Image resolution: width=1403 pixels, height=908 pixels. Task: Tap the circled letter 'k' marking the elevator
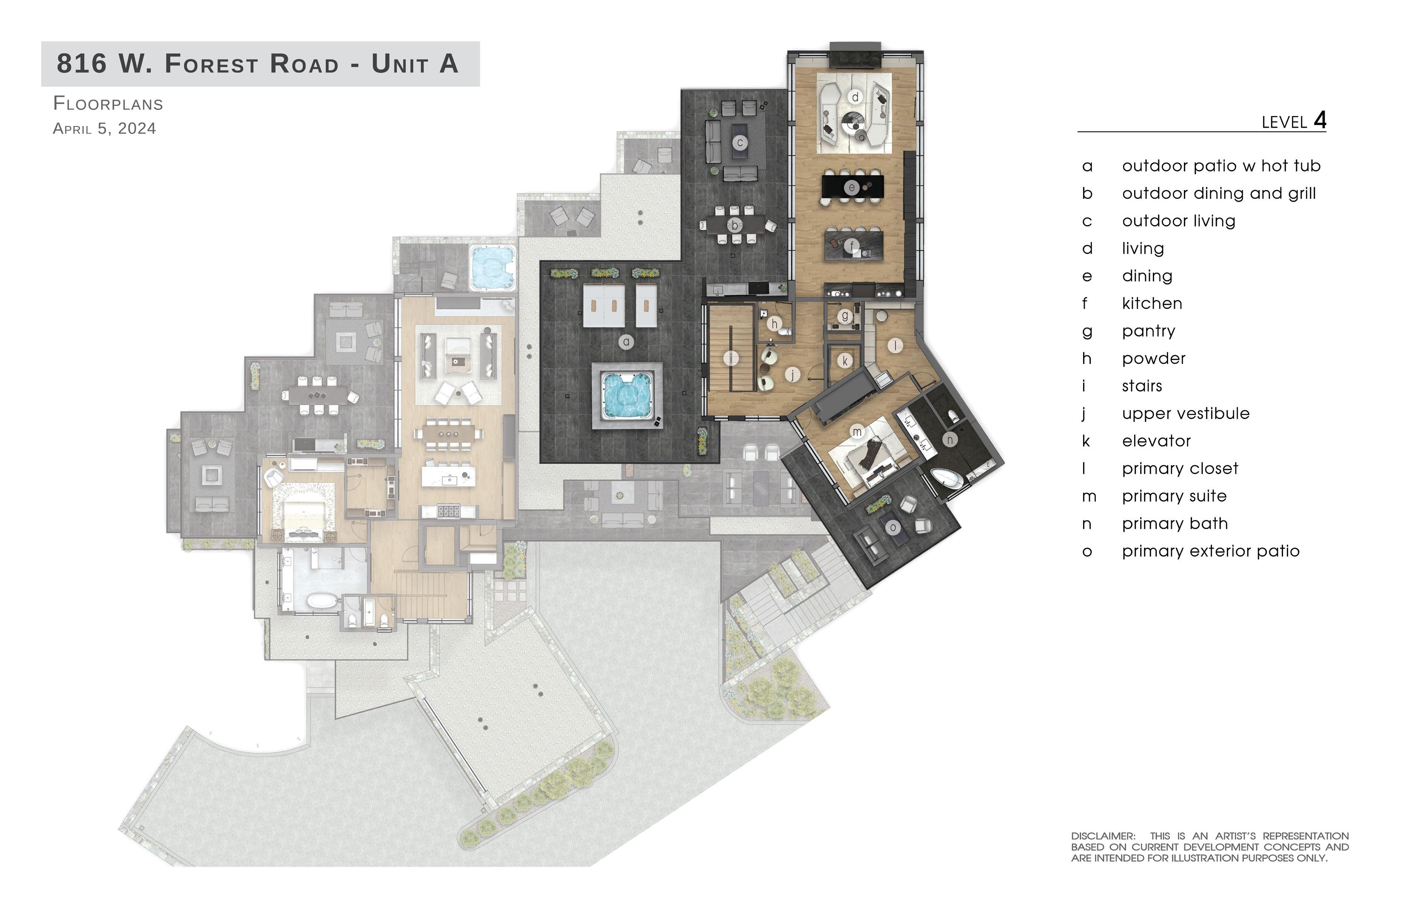point(845,361)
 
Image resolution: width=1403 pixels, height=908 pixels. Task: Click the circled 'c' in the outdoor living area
point(740,142)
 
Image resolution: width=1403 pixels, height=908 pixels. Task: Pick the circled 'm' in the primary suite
point(857,432)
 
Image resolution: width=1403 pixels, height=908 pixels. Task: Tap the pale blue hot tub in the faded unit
point(492,268)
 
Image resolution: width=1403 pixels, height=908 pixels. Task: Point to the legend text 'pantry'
point(1148,331)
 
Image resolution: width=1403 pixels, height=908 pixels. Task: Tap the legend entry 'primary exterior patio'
point(1211,551)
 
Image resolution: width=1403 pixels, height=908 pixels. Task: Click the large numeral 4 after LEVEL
point(1320,120)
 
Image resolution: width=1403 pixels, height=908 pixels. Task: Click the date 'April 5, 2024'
point(104,128)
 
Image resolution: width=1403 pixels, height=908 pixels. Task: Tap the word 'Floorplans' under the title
point(108,104)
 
